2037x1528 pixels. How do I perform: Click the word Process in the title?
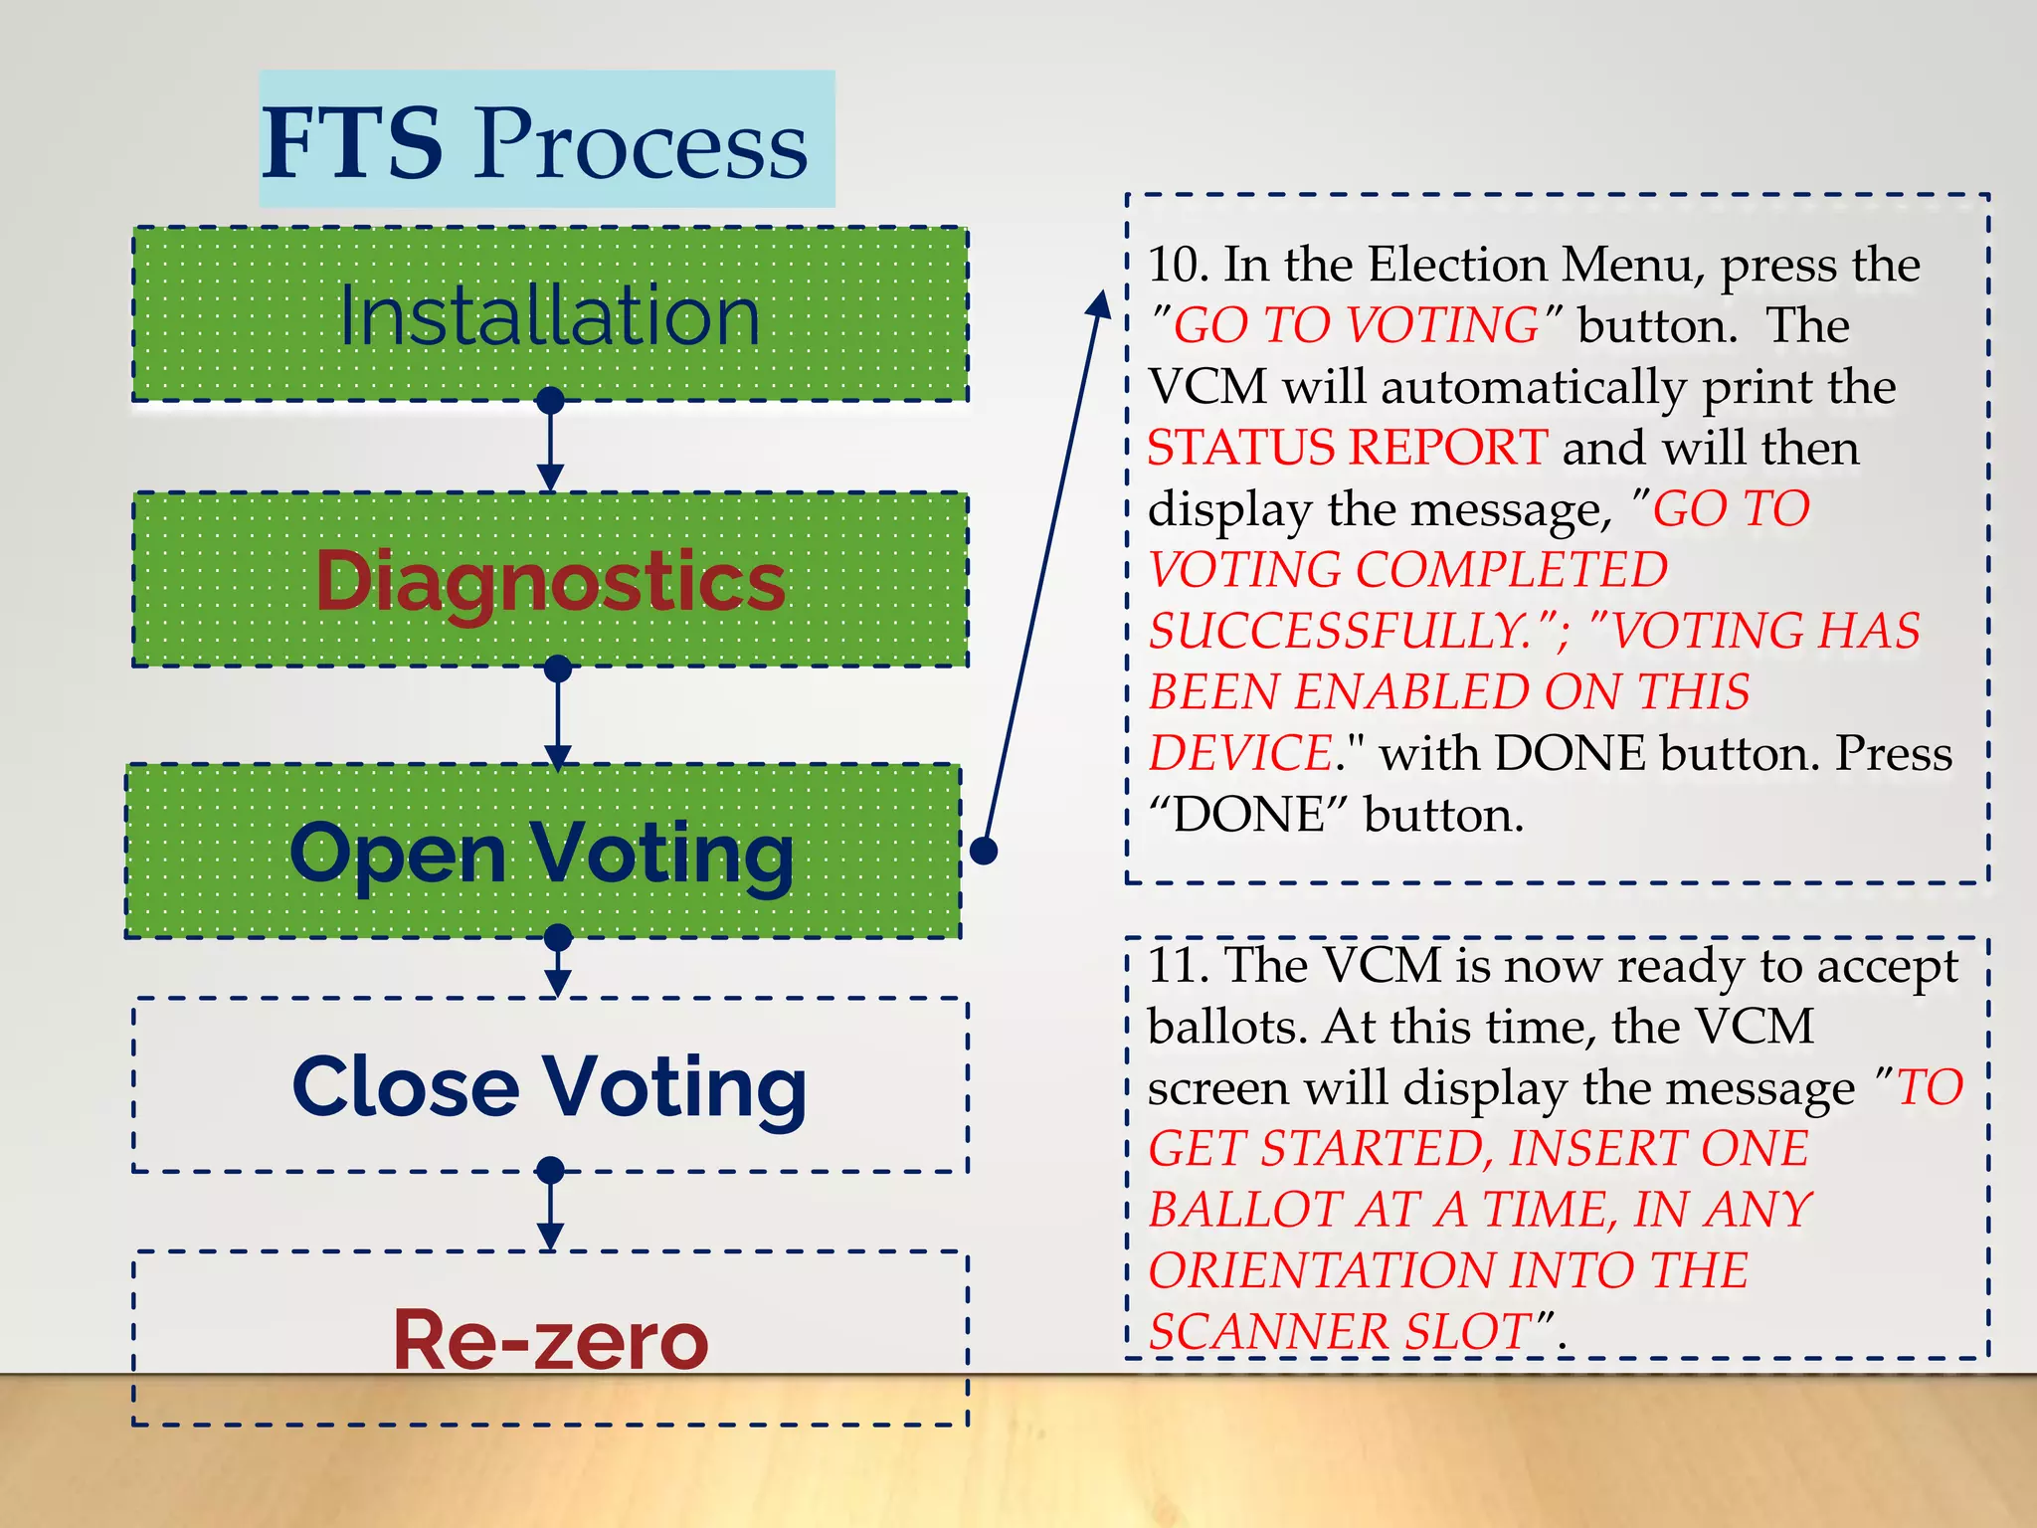point(641,145)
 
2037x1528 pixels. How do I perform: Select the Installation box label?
point(550,316)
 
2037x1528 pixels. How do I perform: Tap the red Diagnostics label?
point(550,581)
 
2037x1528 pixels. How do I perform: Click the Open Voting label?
point(542,854)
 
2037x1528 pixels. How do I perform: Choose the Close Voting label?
point(549,1087)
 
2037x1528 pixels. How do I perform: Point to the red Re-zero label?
point(551,1340)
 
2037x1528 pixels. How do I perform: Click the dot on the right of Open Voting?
point(984,851)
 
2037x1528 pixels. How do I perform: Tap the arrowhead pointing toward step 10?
point(1099,304)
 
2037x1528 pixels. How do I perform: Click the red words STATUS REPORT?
point(1347,448)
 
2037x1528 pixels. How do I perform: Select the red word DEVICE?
point(1240,754)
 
